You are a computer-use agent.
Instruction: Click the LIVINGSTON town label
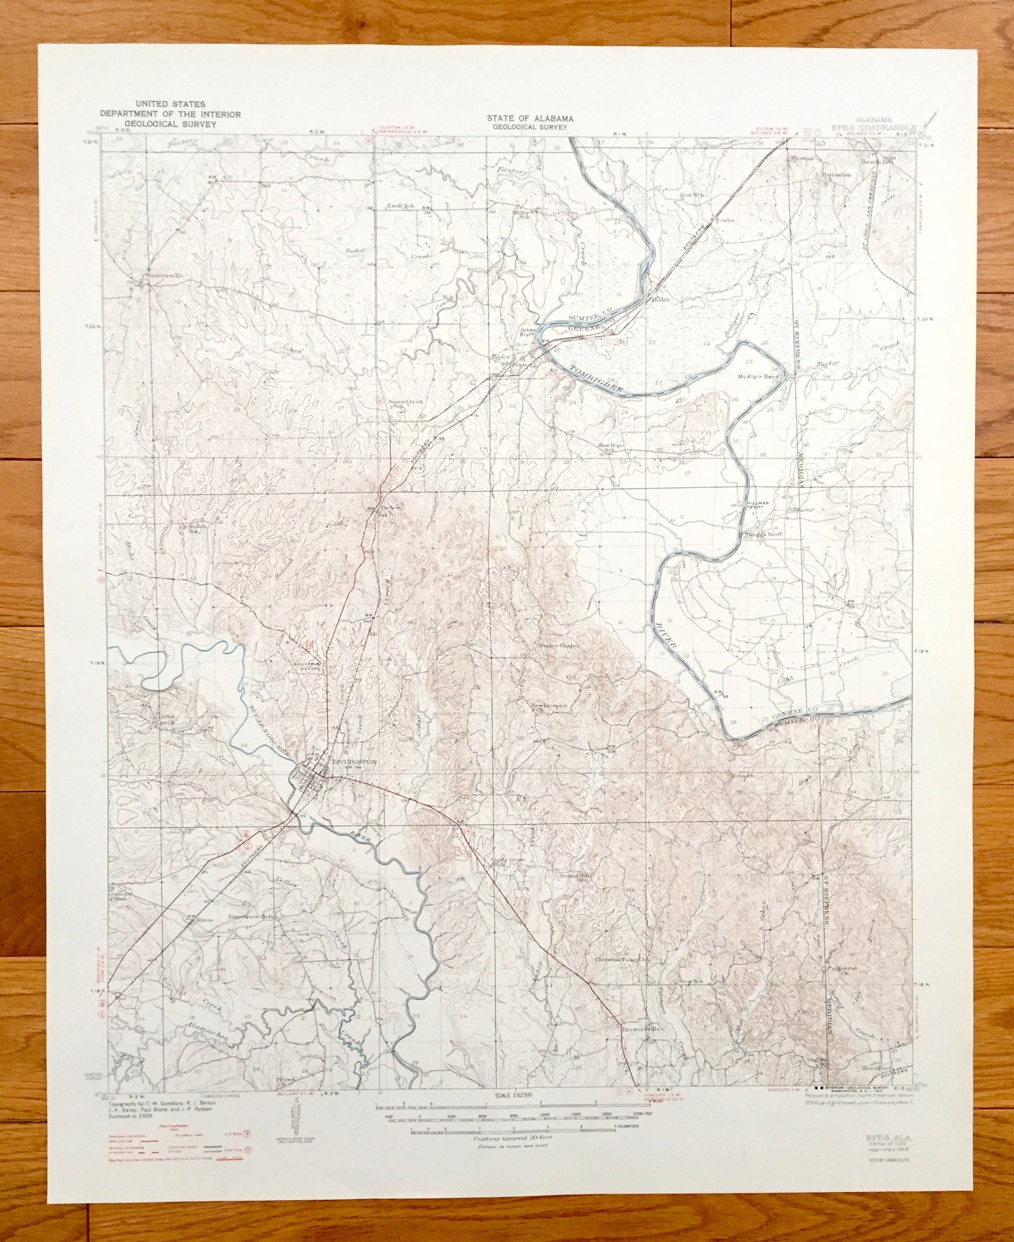[355, 762]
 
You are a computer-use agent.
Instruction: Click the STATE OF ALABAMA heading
[529, 118]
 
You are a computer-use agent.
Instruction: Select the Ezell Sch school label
[401, 206]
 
